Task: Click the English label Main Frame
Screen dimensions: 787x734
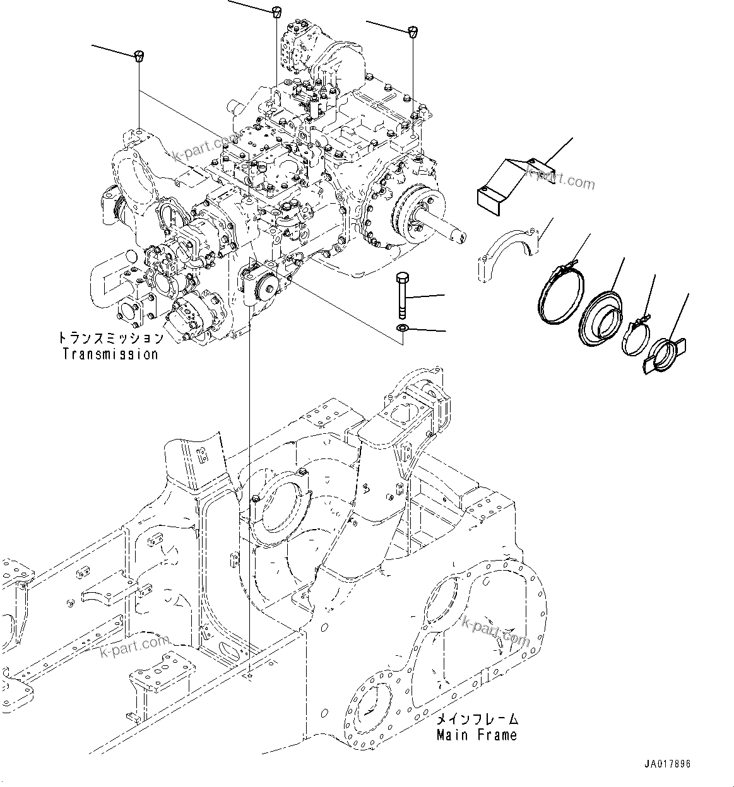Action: (477, 735)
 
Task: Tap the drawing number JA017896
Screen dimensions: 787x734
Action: (668, 764)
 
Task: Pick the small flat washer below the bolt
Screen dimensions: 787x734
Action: (402, 328)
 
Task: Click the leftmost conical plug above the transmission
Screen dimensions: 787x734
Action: (138, 55)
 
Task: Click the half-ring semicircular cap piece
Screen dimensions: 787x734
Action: (507, 250)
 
